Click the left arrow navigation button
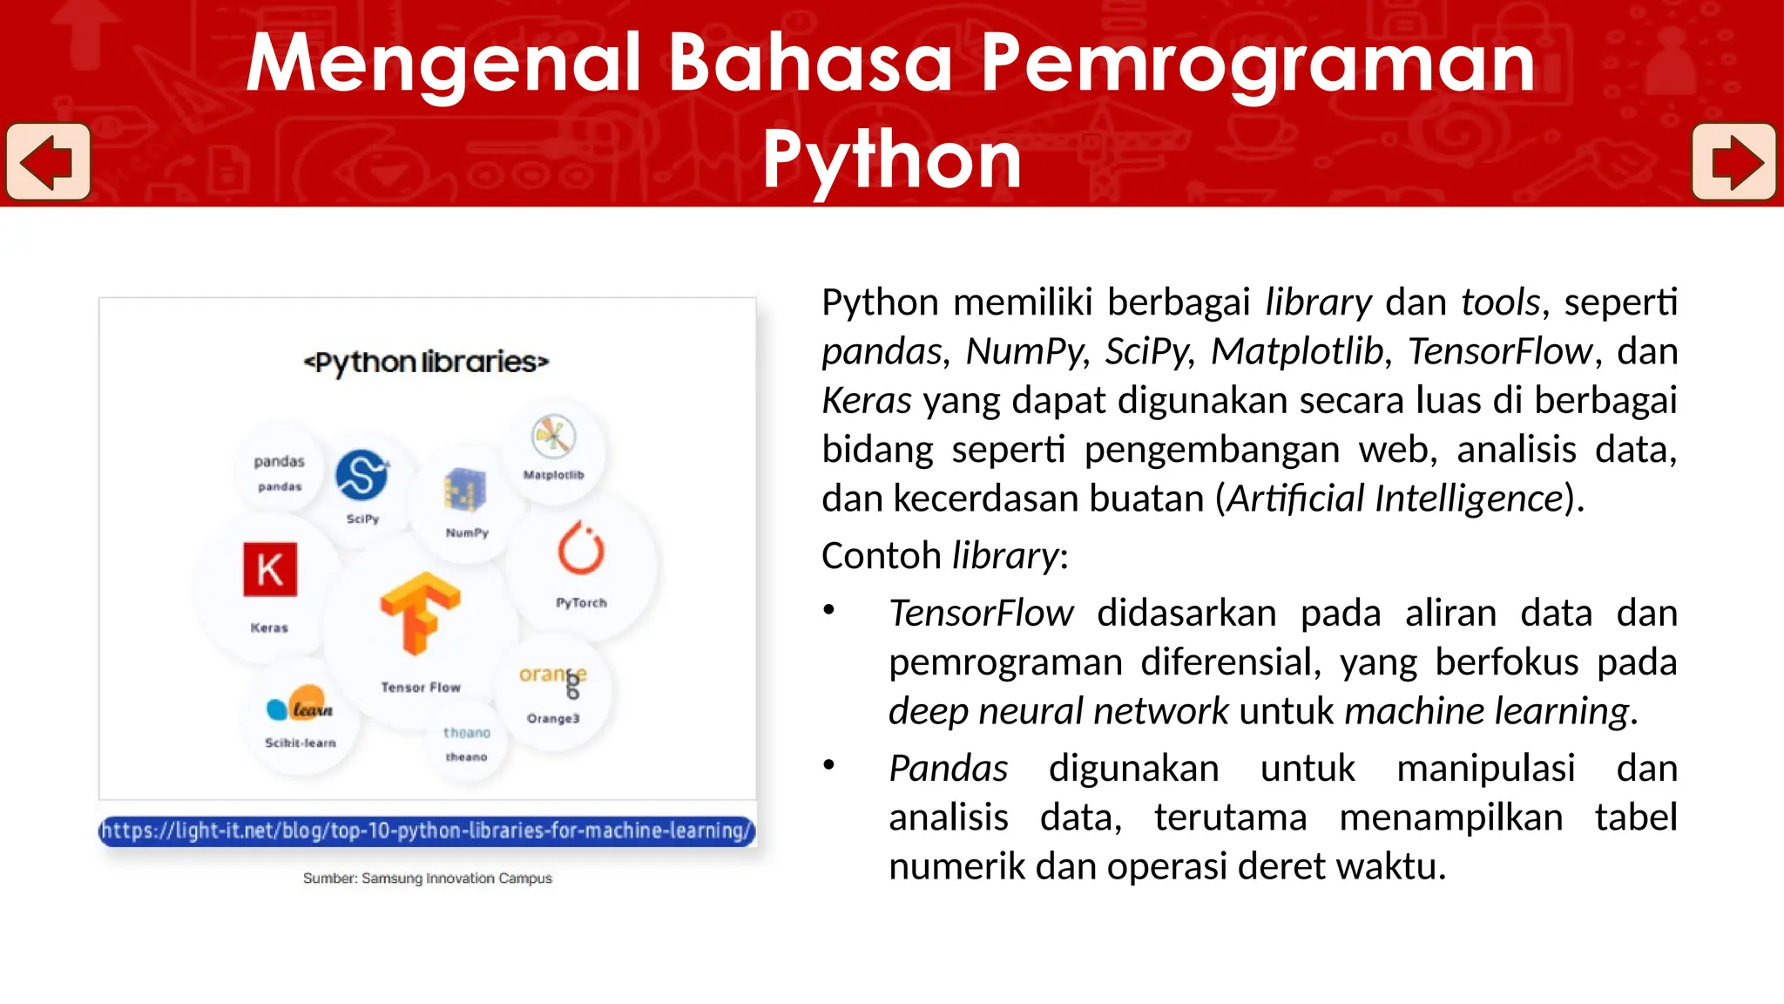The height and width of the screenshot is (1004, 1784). [x=48, y=162]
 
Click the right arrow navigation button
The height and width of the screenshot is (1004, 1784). [x=1733, y=162]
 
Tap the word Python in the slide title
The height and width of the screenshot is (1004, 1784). [x=892, y=159]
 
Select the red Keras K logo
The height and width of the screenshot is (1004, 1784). [x=270, y=570]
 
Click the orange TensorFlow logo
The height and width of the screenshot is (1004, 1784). [x=420, y=613]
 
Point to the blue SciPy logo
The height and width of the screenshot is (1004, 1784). [x=362, y=475]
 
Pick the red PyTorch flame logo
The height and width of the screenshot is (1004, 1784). [x=581, y=549]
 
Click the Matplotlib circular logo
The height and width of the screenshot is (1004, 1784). [x=553, y=436]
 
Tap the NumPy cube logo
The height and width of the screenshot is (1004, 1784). [x=465, y=490]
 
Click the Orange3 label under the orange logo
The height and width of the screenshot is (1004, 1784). [x=553, y=718]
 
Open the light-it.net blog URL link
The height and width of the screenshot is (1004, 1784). [x=427, y=831]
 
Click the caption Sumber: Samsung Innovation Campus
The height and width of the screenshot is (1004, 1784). [x=427, y=878]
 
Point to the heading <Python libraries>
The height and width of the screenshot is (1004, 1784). [x=426, y=362]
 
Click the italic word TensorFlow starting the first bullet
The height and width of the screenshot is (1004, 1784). [x=981, y=614]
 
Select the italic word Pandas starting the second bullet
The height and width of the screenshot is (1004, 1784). [x=948, y=769]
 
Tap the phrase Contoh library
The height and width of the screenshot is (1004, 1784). [x=943, y=556]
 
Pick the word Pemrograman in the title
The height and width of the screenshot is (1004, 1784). [x=1258, y=63]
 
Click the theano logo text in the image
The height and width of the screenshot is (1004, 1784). [x=467, y=733]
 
